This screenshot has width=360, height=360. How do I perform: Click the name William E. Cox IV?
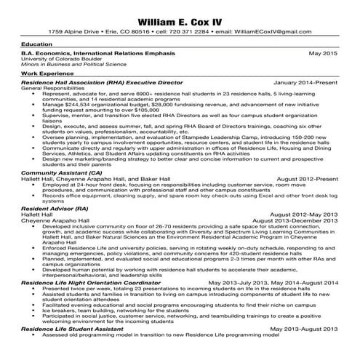coord(180,17)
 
